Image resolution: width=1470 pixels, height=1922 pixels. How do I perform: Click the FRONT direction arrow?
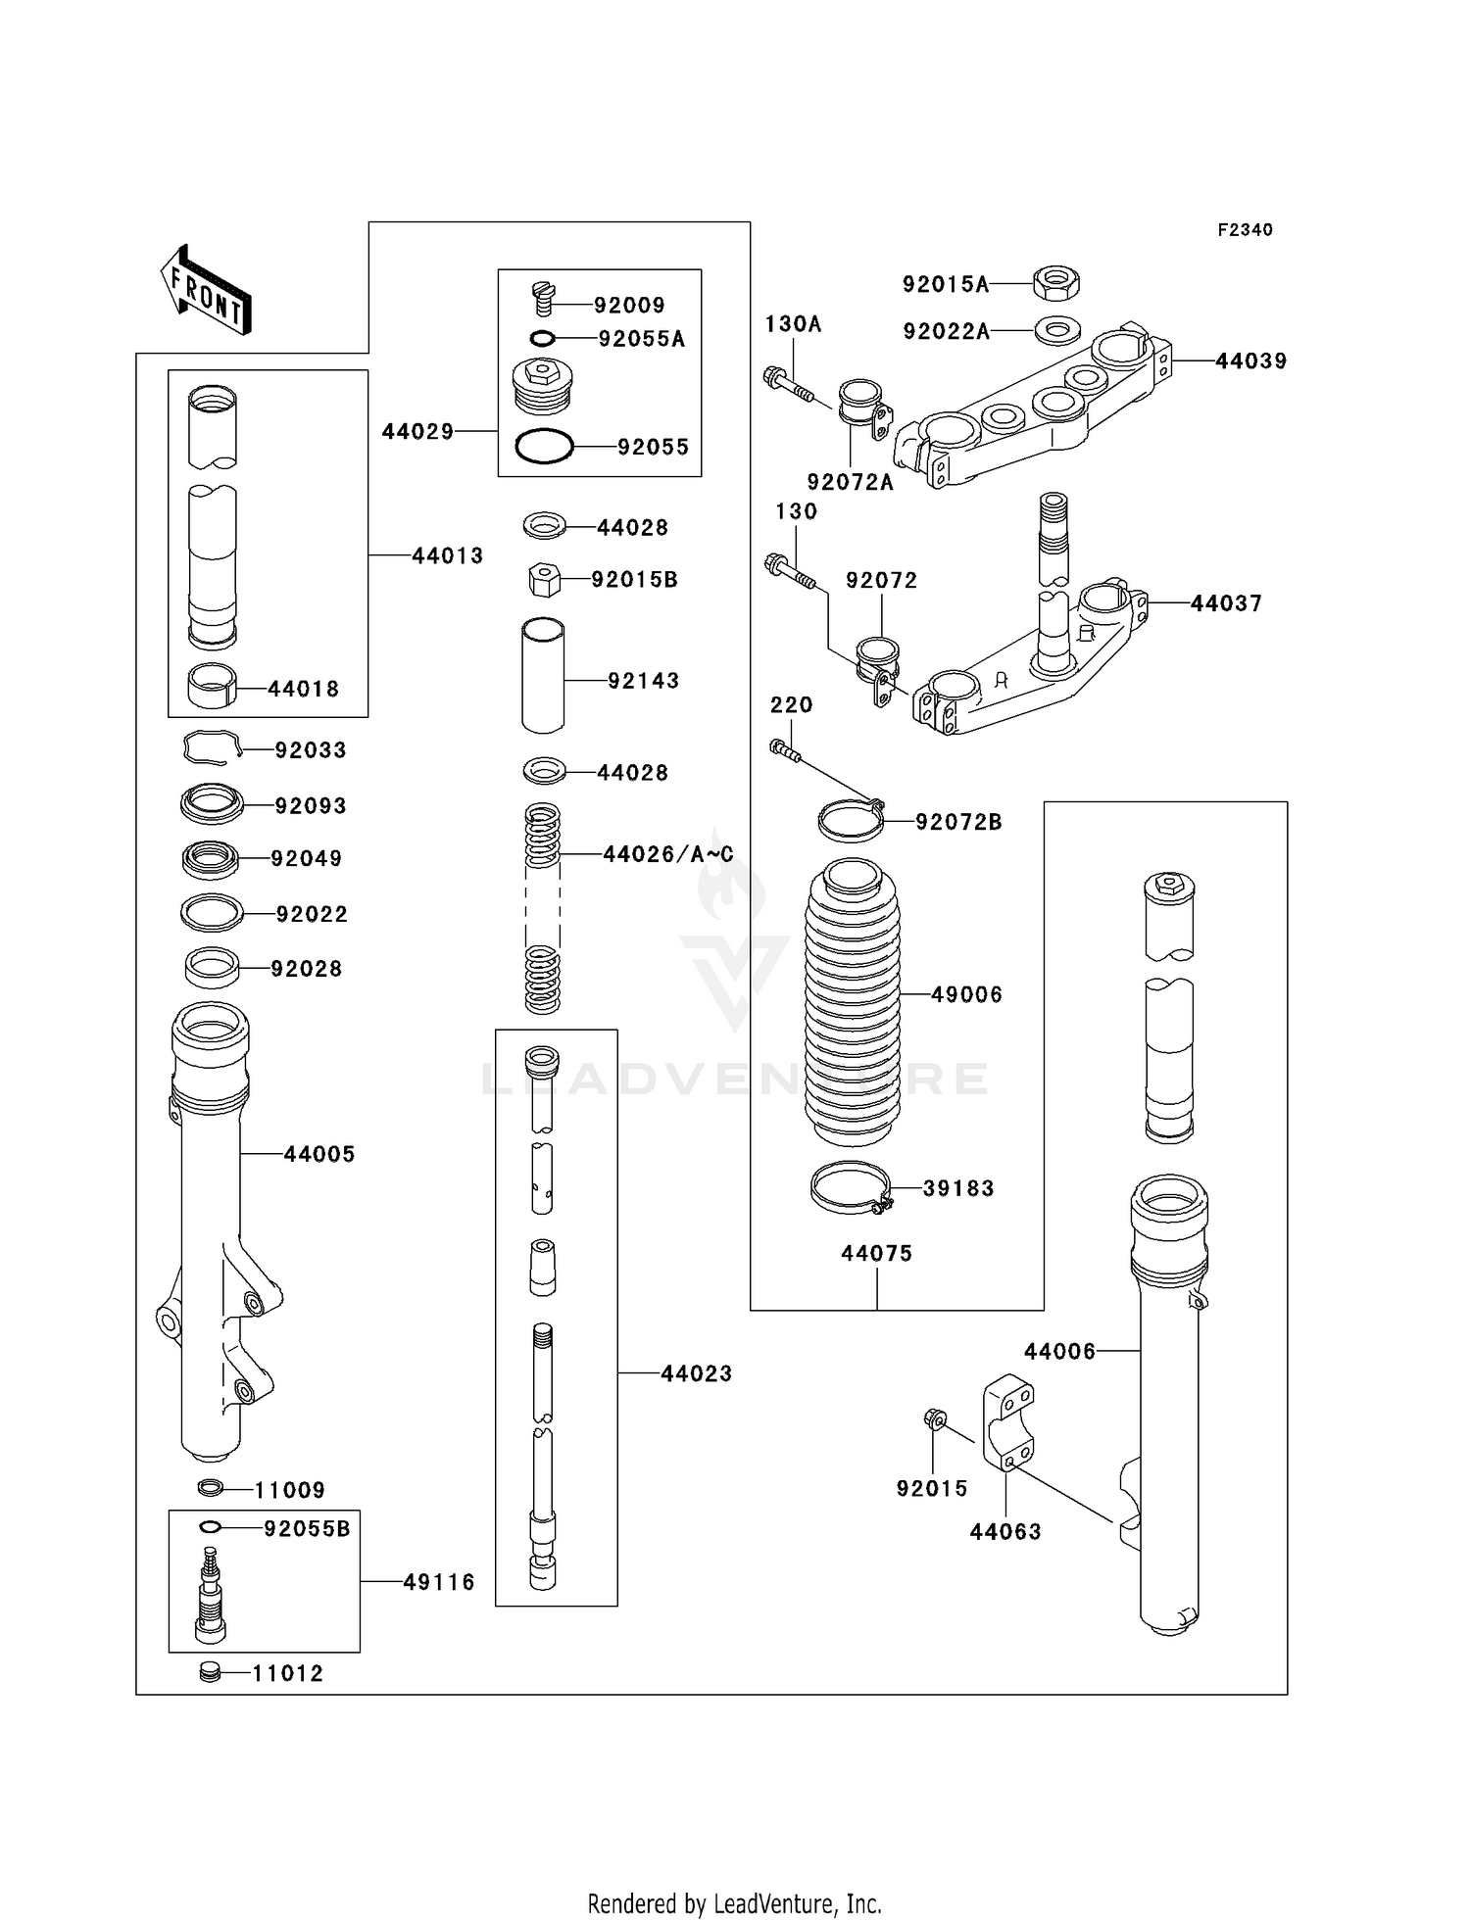tap(207, 291)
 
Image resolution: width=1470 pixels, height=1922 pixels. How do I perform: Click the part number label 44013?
tap(447, 555)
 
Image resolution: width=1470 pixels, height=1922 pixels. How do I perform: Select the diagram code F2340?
tap(1245, 230)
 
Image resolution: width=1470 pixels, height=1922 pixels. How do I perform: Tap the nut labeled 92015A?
tap(1056, 284)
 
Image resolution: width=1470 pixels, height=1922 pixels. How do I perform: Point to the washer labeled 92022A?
tap(1056, 331)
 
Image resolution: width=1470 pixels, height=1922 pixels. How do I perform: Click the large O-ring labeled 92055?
tap(544, 447)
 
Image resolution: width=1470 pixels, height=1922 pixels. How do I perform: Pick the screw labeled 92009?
tap(544, 297)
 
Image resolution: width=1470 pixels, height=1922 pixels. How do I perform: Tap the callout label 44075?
tap(876, 1253)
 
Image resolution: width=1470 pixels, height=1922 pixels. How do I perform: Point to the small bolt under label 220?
tap(785, 750)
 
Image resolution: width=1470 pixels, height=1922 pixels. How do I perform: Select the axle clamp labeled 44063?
tap(1008, 1422)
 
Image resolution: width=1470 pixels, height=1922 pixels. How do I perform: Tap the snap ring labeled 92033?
tap(211, 749)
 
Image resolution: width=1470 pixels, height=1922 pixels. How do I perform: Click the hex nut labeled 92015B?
tap(544, 580)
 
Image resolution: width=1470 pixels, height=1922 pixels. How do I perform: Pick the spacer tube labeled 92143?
tap(543, 676)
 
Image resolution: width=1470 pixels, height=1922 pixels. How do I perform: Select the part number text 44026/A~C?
tap(667, 854)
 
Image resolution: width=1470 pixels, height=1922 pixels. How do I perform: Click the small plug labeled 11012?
tap(209, 1672)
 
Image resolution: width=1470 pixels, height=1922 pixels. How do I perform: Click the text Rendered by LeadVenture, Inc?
tap(734, 1903)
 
